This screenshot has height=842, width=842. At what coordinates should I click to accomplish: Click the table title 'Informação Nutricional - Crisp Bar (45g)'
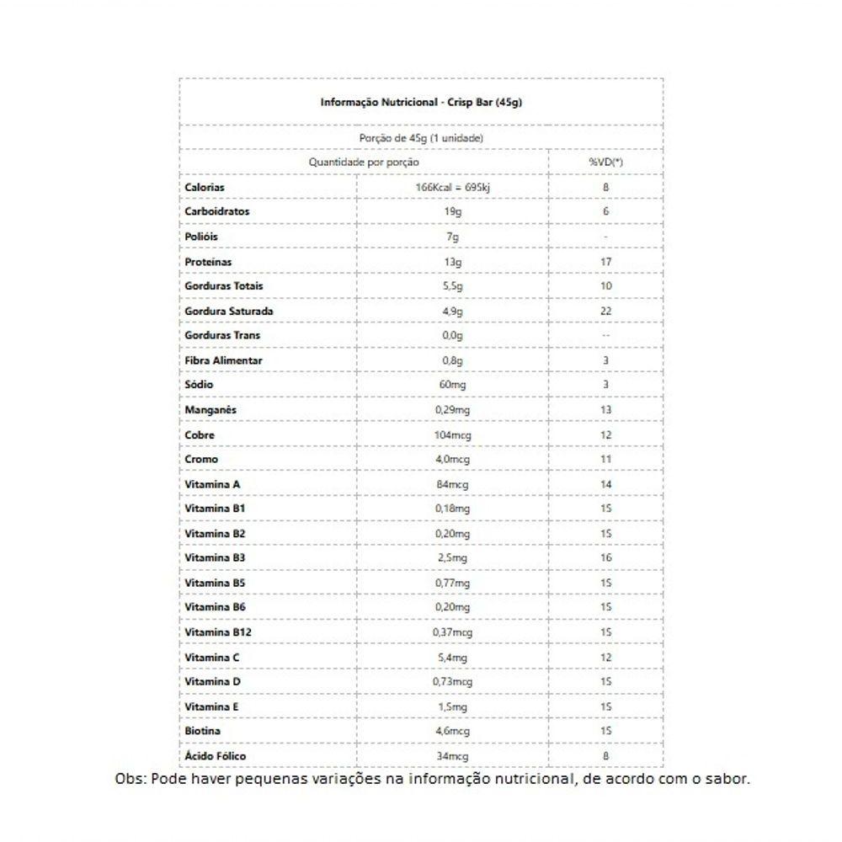click(422, 102)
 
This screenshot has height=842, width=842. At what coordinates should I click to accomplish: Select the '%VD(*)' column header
click(605, 161)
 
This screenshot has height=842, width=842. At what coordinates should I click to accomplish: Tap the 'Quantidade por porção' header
click(364, 161)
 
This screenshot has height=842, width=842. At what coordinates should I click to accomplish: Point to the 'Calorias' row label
click(205, 187)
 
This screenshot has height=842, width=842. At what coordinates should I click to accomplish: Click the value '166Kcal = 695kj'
click(453, 187)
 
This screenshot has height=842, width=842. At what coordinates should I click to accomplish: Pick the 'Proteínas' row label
click(209, 262)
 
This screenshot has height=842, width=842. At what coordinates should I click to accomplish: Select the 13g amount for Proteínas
click(453, 262)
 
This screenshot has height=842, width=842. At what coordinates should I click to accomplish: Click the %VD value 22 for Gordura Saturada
click(606, 311)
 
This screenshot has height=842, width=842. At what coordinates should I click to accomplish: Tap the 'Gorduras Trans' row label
click(222, 335)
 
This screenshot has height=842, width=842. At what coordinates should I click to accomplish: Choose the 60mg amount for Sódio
click(453, 385)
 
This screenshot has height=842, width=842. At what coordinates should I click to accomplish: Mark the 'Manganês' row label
click(210, 409)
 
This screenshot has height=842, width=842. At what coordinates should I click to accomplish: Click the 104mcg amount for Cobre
click(453, 434)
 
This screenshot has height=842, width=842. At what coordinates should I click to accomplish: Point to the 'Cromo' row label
click(201, 459)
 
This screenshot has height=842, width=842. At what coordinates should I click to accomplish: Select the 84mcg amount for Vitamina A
click(453, 484)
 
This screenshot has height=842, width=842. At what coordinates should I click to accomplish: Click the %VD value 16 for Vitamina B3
click(606, 557)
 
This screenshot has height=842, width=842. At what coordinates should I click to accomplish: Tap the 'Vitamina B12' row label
click(218, 631)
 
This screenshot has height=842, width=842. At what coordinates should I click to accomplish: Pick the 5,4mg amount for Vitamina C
click(453, 657)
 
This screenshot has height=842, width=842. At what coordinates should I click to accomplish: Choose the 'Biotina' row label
click(203, 731)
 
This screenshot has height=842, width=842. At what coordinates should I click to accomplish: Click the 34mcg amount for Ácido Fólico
click(453, 756)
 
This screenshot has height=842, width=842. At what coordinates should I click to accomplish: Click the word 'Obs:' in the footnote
click(131, 779)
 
